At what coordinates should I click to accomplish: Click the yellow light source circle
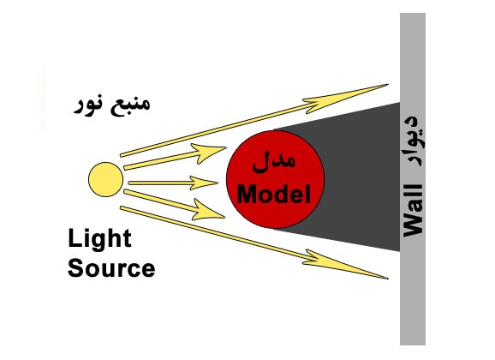tap(105, 179)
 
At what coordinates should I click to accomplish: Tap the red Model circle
tap(275, 179)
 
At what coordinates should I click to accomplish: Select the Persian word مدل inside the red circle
tap(274, 161)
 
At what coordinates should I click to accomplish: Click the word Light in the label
tap(99, 239)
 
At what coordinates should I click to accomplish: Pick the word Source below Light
tap(111, 268)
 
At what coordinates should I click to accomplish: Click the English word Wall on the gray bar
tap(414, 211)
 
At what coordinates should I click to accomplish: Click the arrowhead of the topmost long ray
tap(344, 98)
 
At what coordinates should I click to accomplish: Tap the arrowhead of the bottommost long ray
tap(344, 265)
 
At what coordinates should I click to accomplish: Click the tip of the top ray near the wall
tap(388, 84)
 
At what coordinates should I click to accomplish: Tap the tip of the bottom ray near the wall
tap(388, 279)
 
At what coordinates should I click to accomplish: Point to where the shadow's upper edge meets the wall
tap(400, 103)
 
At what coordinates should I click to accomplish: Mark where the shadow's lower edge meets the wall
tap(400, 251)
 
